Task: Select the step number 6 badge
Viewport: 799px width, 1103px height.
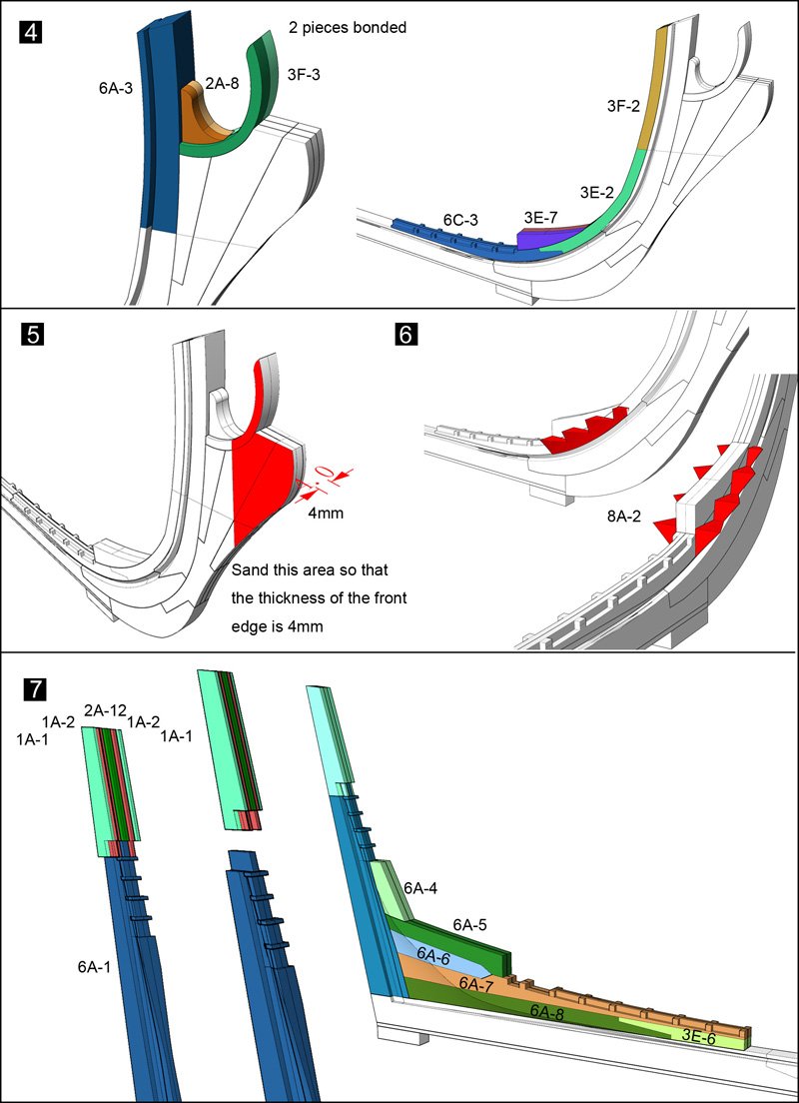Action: [x=406, y=334]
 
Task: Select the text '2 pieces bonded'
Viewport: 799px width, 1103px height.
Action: [x=347, y=28]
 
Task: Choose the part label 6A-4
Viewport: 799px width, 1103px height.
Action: [x=420, y=886]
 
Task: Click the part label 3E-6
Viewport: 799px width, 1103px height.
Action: [x=697, y=1037]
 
